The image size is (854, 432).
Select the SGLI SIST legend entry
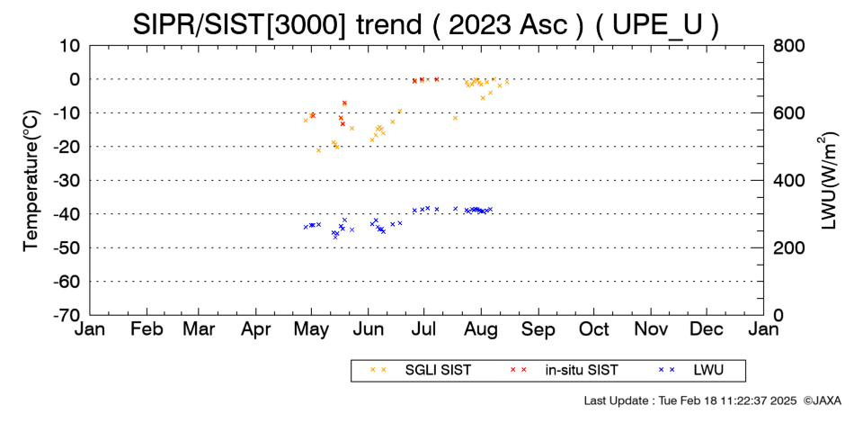click(x=421, y=371)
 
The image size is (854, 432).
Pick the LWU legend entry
click(x=691, y=371)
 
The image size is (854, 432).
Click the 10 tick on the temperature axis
click(x=70, y=46)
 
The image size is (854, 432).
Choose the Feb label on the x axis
click(x=147, y=328)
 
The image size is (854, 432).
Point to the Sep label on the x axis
click(x=538, y=328)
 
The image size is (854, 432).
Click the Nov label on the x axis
click(x=651, y=328)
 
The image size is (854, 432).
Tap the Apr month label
click(x=256, y=328)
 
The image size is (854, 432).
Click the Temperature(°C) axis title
click(x=31, y=181)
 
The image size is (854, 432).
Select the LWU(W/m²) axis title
click(x=829, y=181)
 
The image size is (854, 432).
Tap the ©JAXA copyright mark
click(x=822, y=400)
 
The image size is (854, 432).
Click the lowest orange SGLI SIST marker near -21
click(x=318, y=150)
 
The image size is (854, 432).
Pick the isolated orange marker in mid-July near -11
click(x=456, y=118)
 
